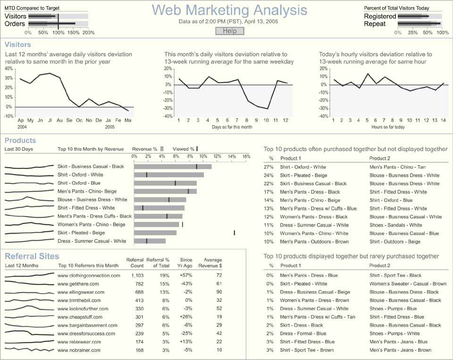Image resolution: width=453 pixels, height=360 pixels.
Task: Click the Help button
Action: pos(230,31)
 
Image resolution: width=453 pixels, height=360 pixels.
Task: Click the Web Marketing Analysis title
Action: pos(230,10)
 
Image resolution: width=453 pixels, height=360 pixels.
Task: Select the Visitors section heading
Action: pos(17,44)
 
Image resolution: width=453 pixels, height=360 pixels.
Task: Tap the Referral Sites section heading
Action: pos(32,256)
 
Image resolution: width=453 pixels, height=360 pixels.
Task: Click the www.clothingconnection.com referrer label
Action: pos(89,276)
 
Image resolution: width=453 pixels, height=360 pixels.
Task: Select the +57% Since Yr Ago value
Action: pos(186,276)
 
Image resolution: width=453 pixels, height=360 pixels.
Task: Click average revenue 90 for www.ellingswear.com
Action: pos(219,292)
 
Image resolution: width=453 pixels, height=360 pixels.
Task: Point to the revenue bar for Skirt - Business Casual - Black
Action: pos(173,166)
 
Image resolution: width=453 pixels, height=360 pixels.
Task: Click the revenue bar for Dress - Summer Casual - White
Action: pos(150,241)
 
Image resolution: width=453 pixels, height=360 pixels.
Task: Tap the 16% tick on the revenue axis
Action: pos(246,156)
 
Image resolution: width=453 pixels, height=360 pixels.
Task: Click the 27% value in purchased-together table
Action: pos(268,167)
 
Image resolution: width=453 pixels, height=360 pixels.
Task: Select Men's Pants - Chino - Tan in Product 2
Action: pos(397,167)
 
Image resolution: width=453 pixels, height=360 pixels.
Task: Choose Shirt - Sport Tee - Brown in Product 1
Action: pos(307,350)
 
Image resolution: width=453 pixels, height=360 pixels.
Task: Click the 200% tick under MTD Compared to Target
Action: pos(88,33)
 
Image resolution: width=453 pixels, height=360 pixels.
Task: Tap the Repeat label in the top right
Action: pos(374,24)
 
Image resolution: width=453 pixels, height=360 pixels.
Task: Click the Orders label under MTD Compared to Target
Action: pos(15,24)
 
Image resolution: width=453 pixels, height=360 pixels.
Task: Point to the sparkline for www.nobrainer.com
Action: pos(29,350)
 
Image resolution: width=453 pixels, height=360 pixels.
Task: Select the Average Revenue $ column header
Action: pos(210,263)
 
